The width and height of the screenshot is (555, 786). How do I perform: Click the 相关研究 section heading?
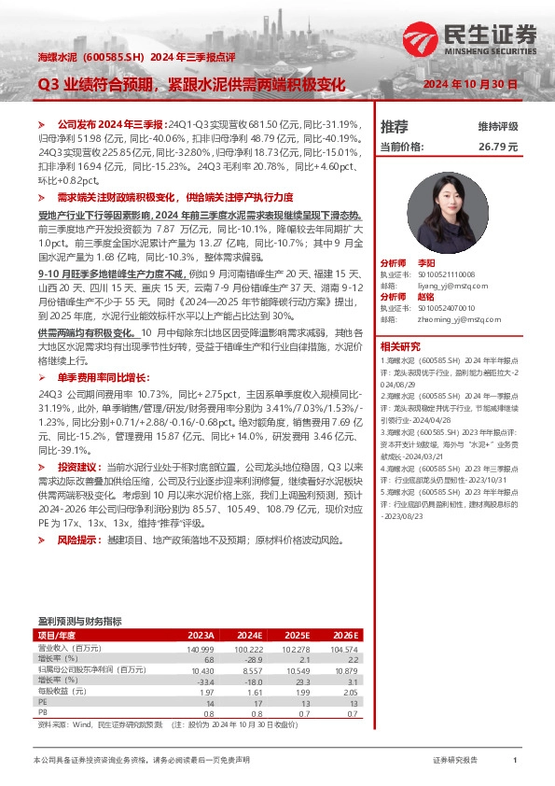[x=398, y=345]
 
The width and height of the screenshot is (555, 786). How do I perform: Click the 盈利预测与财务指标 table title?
[x=79, y=621]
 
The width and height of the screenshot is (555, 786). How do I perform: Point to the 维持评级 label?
[x=498, y=126]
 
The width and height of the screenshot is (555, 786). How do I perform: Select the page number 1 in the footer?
[x=515, y=761]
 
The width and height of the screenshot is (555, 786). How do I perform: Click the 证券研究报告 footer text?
[x=455, y=761]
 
